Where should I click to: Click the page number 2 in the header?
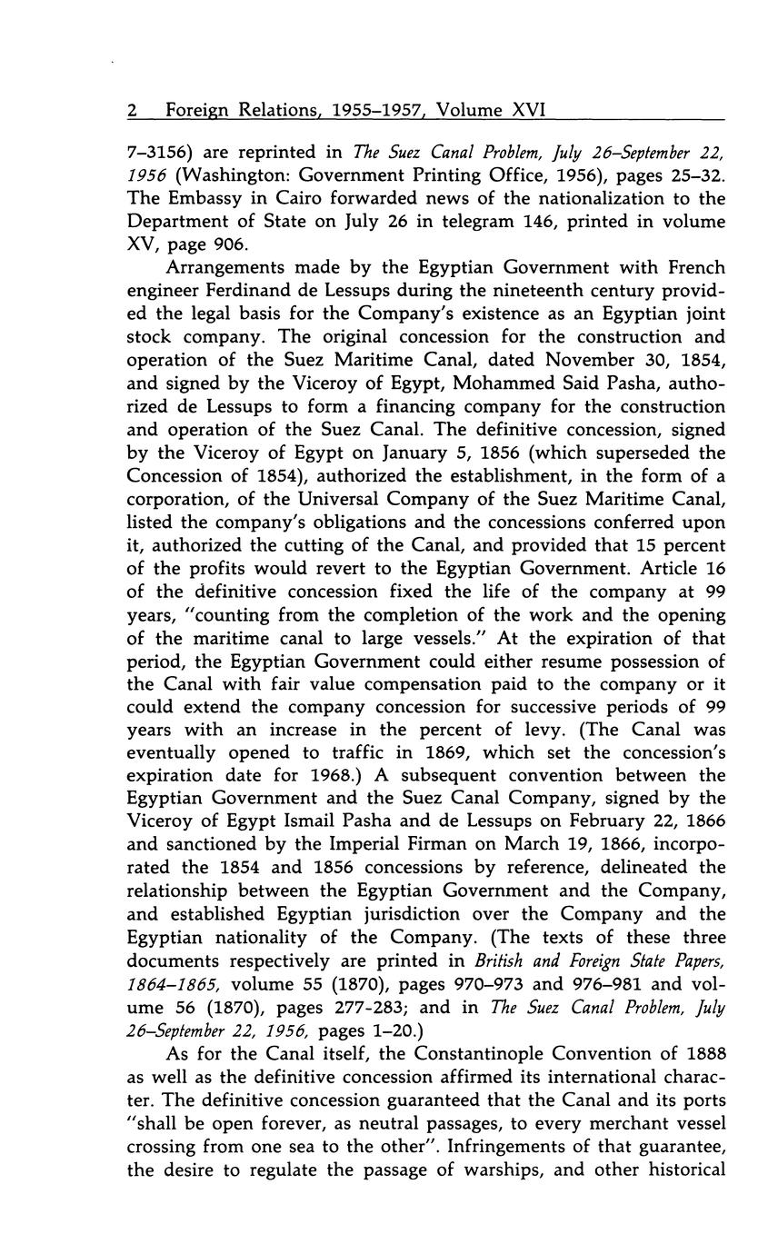pos(133,111)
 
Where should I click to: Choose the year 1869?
pos(449,752)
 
